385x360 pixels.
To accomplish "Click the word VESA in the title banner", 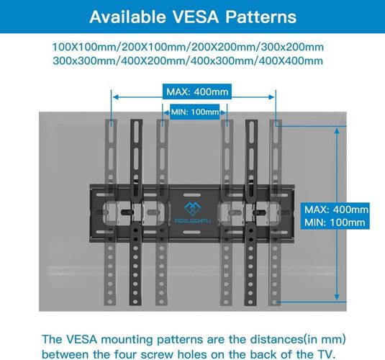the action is click(196, 17).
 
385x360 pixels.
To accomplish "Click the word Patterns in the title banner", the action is click(261, 17).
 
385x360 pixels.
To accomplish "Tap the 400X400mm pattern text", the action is click(291, 60).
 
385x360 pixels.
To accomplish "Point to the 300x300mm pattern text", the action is click(84, 60).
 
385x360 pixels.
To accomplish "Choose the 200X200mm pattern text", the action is click(224, 47).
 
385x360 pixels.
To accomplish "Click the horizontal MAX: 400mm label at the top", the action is click(197, 92).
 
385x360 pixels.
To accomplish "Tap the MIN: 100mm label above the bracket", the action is click(195, 112).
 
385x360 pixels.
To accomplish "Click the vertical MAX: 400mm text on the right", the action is click(336, 210).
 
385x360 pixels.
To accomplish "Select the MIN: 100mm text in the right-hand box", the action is click(335, 222).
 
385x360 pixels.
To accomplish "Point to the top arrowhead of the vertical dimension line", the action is click(337, 131).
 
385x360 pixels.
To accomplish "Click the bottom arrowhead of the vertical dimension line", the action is click(337, 297).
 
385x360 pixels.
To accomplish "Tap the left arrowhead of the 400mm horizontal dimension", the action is click(116, 97).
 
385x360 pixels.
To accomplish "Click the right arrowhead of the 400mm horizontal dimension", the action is click(271, 97).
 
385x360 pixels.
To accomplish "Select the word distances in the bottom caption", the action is click(276, 340).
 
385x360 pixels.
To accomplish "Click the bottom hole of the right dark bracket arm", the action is click(250, 302).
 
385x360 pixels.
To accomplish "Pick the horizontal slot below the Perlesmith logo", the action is click(191, 233).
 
